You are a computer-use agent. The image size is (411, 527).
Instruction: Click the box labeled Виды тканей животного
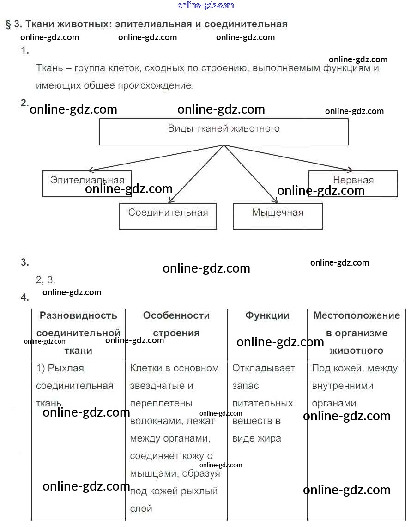click(224, 132)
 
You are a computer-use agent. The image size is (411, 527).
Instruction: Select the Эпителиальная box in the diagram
click(87, 183)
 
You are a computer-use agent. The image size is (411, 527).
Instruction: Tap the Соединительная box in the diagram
click(168, 216)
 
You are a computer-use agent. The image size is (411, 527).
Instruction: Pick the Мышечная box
click(278, 216)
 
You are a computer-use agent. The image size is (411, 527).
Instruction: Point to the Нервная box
click(353, 183)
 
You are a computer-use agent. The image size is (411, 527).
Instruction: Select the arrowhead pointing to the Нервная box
click(350, 170)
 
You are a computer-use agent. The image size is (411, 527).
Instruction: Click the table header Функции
click(267, 315)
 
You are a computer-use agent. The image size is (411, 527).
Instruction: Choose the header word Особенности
click(176, 315)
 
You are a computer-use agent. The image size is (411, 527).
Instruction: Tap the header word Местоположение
click(357, 315)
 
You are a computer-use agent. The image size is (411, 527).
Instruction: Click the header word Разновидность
click(79, 315)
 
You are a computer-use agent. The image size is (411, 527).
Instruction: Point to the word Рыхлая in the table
click(66, 369)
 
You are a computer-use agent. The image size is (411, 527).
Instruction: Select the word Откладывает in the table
click(264, 369)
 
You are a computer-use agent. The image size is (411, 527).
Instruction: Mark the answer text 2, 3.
click(45, 279)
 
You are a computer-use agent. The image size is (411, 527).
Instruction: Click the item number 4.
click(24, 297)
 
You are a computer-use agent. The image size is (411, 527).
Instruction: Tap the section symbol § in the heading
click(8, 24)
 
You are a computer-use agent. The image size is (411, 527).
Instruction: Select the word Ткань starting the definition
click(49, 68)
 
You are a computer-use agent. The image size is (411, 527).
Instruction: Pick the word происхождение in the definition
click(156, 86)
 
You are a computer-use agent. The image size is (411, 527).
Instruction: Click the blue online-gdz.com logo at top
click(205, 5)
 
